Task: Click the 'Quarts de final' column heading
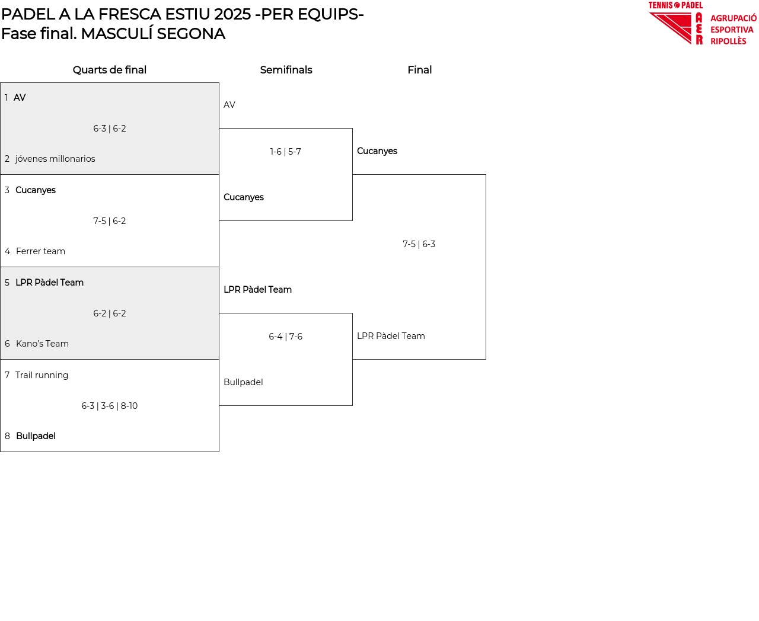tap(110, 70)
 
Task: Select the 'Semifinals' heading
tap(286, 70)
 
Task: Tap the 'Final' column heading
tap(419, 70)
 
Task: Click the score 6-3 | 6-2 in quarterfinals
tap(110, 129)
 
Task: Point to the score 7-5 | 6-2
tap(110, 221)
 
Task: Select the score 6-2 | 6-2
tap(110, 313)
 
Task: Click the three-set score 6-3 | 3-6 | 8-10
tap(110, 406)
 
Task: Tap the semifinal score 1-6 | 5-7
tap(286, 152)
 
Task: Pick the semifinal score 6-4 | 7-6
tap(286, 337)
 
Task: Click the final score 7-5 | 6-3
tap(419, 244)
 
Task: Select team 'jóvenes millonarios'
tap(55, 159)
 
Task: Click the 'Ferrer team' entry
tap(40, 251)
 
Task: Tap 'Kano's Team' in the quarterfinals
tap(42, 344)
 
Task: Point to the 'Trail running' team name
tap(42, 375)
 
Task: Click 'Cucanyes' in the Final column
tap(377, 151)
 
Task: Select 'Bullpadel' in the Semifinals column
tap(243, 382)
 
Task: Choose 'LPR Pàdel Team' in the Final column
tap(391, 336)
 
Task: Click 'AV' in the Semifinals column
tap(229, 105)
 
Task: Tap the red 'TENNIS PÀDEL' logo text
tap(675, 5)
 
